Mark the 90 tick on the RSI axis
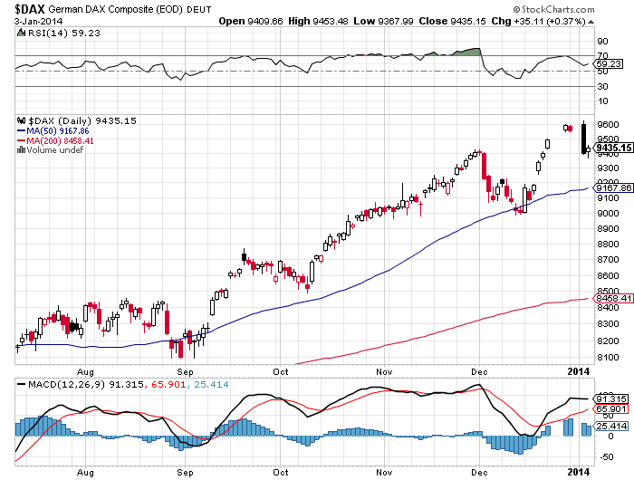click(600, 41)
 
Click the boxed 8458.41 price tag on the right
click(611, 298)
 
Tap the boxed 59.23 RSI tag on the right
click(607, 64)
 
